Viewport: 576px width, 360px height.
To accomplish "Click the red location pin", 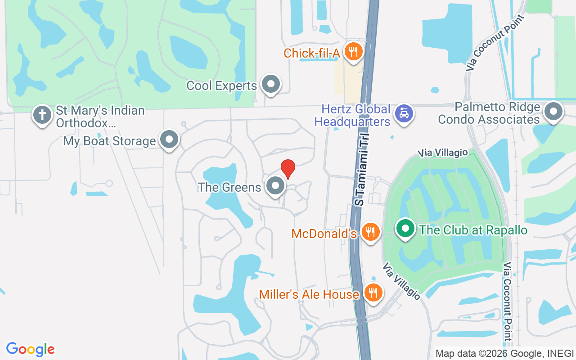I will (x=288, y=169).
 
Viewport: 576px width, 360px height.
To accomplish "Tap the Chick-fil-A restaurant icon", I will (x=354, y=52).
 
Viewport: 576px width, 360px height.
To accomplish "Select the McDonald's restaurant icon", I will (x=371, y=232).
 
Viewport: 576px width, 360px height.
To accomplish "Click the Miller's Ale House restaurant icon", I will (x=373, y=293).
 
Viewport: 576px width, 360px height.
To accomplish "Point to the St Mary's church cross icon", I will (x=43, y=115).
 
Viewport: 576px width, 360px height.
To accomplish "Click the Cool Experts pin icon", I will (x=271, y=84).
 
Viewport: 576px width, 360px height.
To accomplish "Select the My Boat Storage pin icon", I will (x=169, y=139).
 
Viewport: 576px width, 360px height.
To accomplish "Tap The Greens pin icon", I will (x=275, y=185).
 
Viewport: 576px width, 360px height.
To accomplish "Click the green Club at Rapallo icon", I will (x=405, y=229).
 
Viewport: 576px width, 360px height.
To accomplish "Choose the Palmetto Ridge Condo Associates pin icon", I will (x=553, y=111).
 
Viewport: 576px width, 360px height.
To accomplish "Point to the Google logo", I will (x=31, y=349).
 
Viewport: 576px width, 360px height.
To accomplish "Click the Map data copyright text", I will (x=504, y=353).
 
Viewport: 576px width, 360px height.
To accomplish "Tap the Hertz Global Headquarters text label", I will (x=352, y=115).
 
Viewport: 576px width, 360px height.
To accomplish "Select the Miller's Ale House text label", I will (x=309, y=294).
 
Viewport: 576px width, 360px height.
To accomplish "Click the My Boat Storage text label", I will (x=109, y=141).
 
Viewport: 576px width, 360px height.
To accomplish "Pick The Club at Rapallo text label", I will (x=473, y=230).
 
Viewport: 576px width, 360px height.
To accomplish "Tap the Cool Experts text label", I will (x=221, y=85).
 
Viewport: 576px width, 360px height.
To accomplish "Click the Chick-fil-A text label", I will (x=311, y=53).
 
